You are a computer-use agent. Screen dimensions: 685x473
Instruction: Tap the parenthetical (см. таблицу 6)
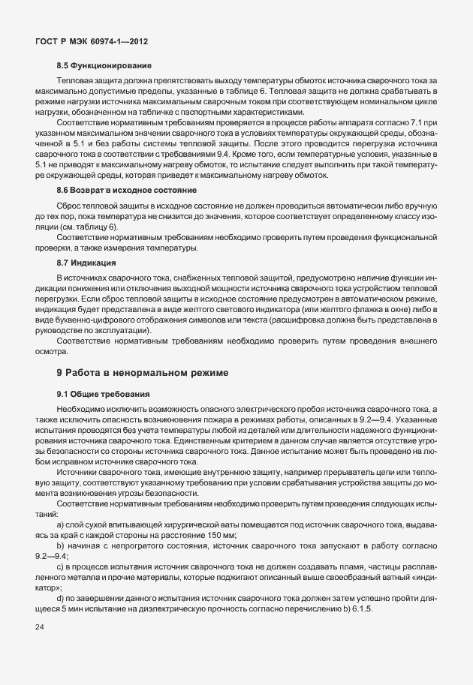(93, 227)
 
